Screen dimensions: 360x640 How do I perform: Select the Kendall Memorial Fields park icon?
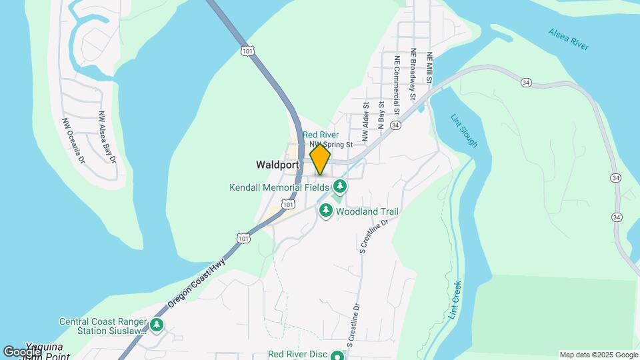[x=341, y=185]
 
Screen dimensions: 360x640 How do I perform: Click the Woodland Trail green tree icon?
[x=326, y=211]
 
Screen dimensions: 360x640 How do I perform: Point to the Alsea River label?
[x=569, y=39]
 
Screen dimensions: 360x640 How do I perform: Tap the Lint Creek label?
[x=455, y=297]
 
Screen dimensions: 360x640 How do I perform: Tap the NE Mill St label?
[x=431, y=69]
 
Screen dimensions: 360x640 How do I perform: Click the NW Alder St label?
[x=366, y=121]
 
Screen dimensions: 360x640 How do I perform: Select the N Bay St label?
[x=381, y=114]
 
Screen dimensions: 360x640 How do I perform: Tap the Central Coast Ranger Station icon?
[x=157, y=325]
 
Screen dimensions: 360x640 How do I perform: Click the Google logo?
[x=22, y=351]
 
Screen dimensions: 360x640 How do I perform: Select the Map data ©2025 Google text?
[x=598, y=355]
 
